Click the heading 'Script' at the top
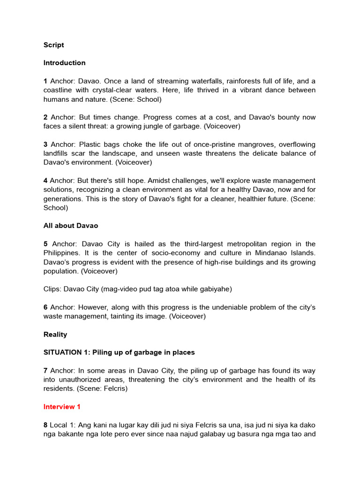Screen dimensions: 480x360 (x=53, y=45)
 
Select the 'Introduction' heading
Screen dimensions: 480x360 (x=64, y=63)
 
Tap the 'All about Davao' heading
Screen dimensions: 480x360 (x=71, y=226)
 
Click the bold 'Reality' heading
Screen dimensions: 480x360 (x=55, y=335)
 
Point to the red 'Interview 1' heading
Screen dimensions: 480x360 (x=62, y=407)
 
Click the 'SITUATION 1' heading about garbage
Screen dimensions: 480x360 (x=119, y=352)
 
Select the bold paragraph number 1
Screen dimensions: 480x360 (x=45, y=81)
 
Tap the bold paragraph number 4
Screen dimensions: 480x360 (x=45, y=181)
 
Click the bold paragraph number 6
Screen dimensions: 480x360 (x=45, y=307)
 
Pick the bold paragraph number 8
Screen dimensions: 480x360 (x=45, y=425)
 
